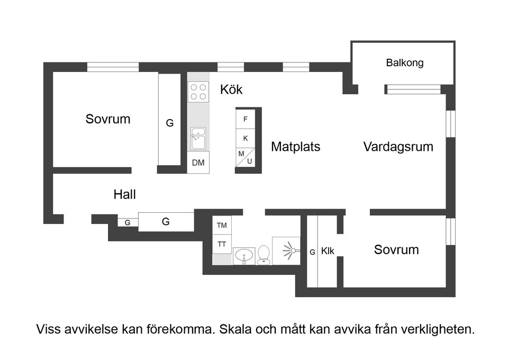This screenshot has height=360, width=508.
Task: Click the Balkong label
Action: [404, 63]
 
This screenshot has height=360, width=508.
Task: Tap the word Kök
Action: [231, 90]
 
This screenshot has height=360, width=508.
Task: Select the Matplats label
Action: [295, 147]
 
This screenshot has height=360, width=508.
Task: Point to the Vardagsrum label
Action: [398, 147]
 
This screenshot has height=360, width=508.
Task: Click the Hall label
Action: [124, 194]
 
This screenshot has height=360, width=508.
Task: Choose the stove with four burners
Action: [198, 92]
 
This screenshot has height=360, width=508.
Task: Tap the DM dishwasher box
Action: [198, 163]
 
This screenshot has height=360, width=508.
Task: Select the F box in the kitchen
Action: [246, 119]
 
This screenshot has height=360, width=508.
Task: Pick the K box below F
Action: [246, 138]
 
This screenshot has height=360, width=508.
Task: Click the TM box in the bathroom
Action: [222, 226]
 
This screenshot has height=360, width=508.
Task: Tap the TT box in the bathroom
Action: [222, 244]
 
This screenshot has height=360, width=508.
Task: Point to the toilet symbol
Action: [263, 255]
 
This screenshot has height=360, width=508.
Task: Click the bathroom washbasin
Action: [243, 256]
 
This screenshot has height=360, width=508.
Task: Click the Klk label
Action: [328, 251]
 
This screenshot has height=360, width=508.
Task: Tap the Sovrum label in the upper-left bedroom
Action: [107, 119]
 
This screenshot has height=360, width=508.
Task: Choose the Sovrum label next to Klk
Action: [396, 249]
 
